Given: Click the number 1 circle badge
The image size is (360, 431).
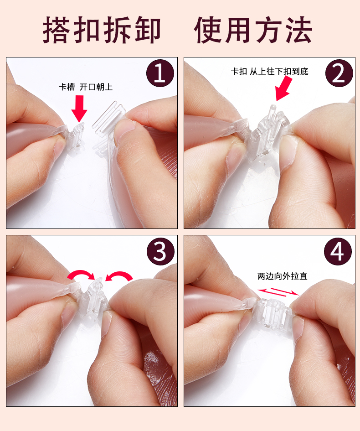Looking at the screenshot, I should [x=160, y=74].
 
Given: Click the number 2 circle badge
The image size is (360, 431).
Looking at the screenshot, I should [x=338, y=74].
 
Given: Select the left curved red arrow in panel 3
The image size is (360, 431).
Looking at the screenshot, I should [x=81, y=274].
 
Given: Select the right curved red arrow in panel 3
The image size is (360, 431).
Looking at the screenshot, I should [x=119, y=275].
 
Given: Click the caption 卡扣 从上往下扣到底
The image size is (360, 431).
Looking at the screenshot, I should [x=270, y=71].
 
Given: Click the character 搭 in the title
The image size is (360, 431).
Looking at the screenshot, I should [x=58, y=31].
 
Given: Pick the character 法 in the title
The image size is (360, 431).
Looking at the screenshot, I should [x=298, y=31].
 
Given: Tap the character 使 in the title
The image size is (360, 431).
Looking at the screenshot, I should [x=209, y=31].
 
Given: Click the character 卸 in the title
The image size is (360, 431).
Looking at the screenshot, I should [x=147, y=31].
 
